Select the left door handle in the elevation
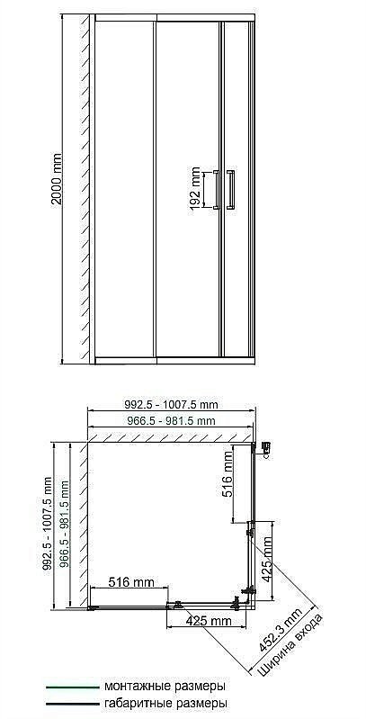216,189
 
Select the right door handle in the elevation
231,189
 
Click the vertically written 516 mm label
228,475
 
